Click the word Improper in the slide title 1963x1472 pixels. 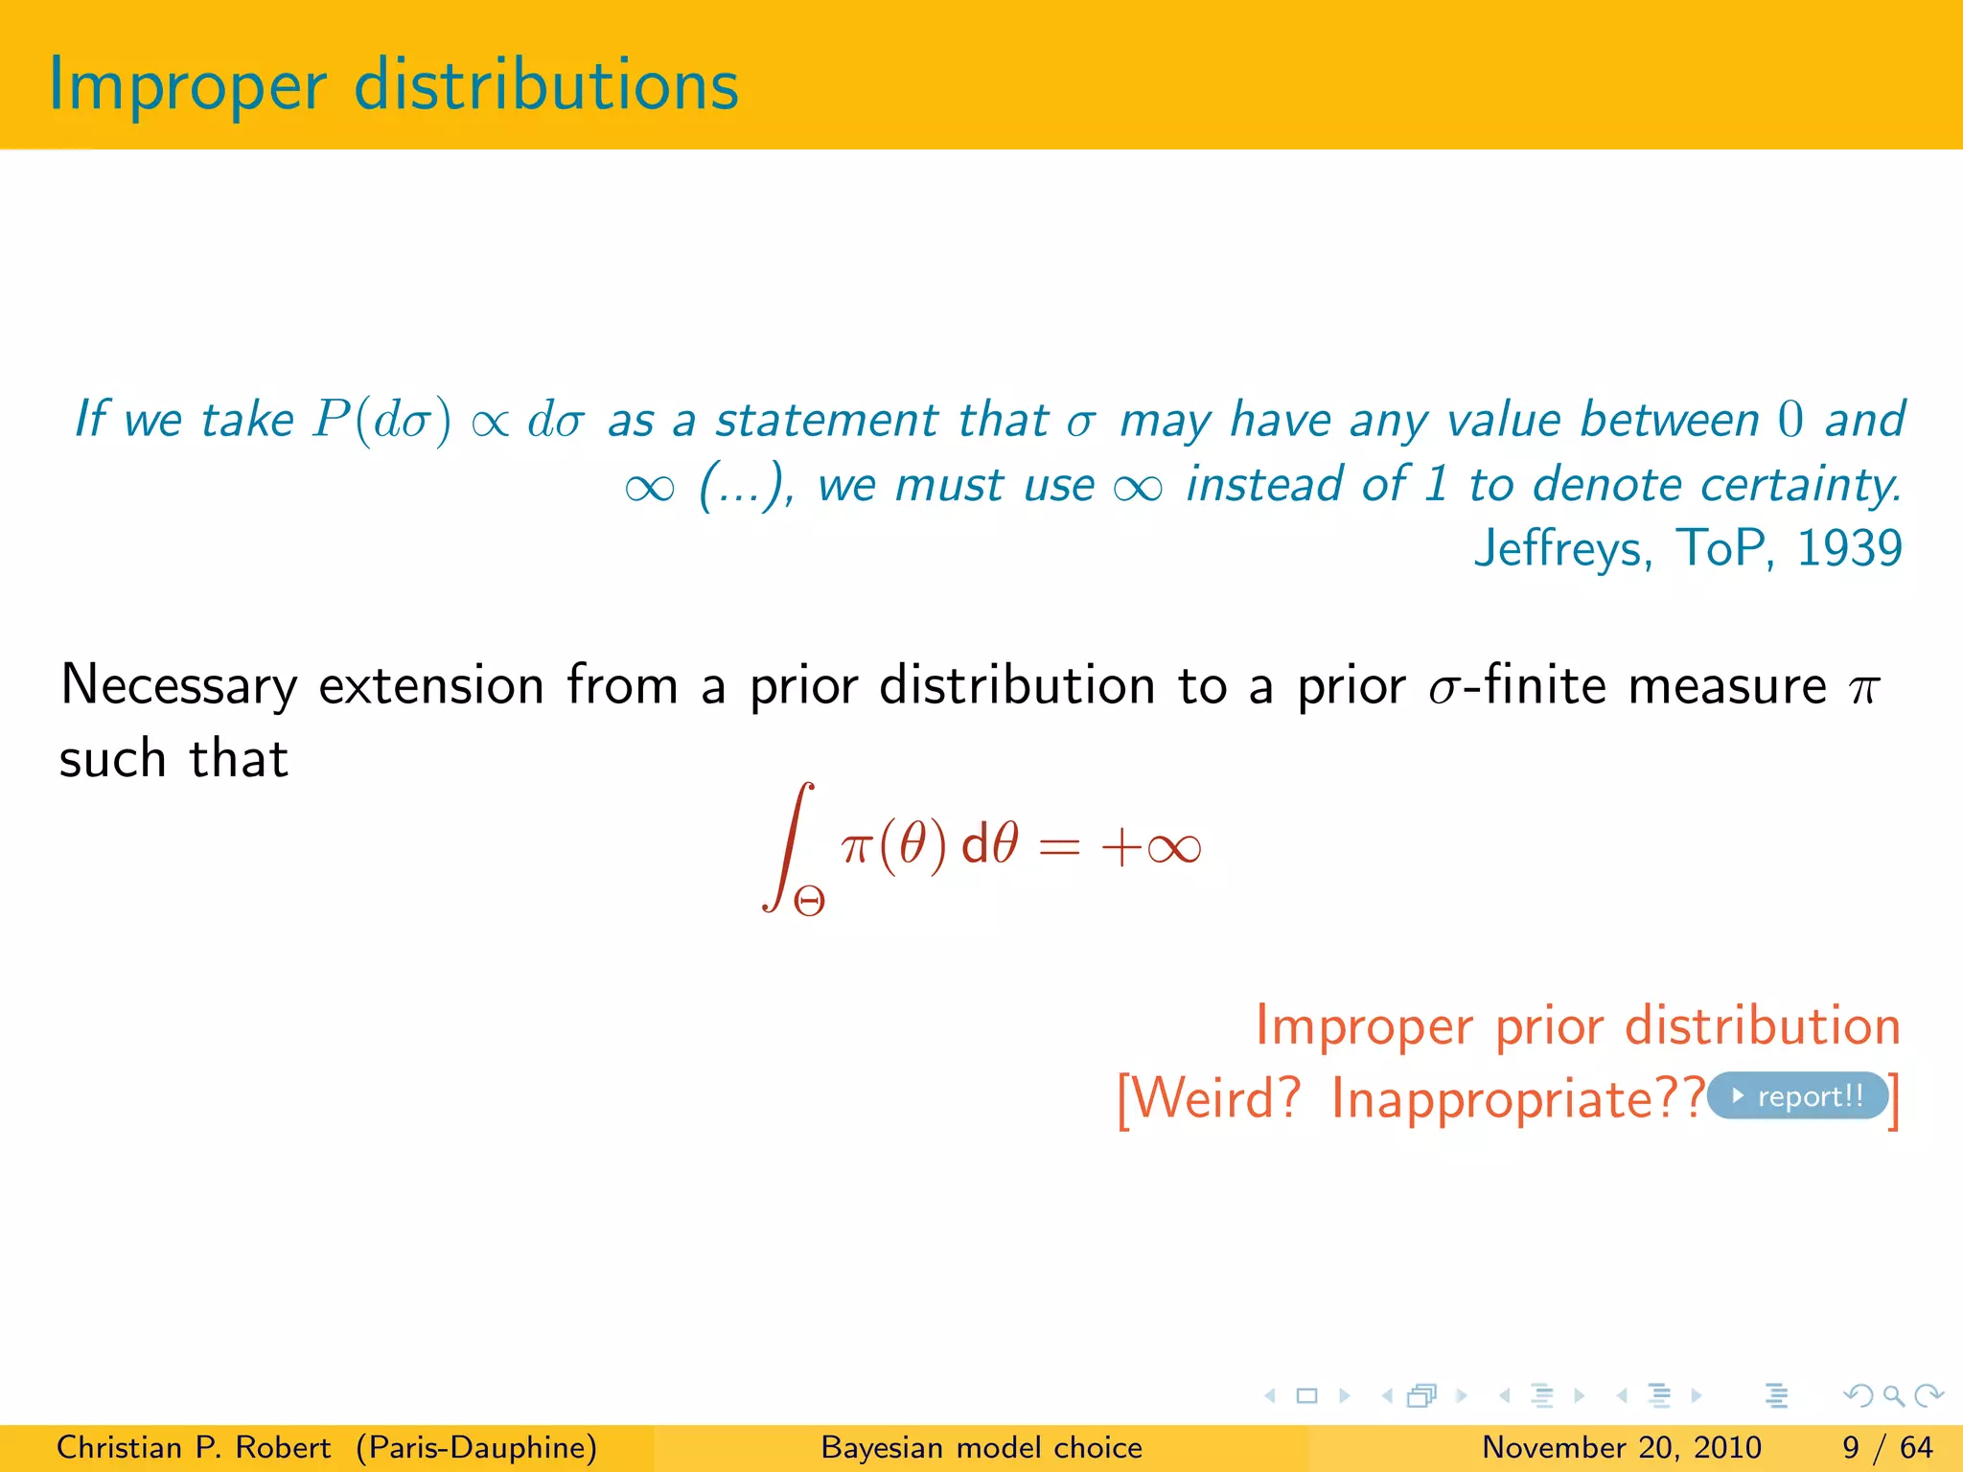pyautogui.click(x=187, y=86)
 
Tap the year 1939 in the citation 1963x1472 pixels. pyautogui.click(x=1849, y=548)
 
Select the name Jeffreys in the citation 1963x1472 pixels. pyautogui.click(x=1562, y=550)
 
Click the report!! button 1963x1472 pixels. pyautogui.click(x=1798, y=1095)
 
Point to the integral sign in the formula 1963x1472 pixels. pyautogui.click(x=789, y=845)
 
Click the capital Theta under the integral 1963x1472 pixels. pyautogui.click(x=809, y=901)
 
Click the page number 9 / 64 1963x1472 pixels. pyautogui.click(x=1887, y=1447)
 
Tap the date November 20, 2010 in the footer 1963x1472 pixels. pyautogui.click(x=1621, y=1447)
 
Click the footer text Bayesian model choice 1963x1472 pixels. pyautogui.click(x=981, y=1447)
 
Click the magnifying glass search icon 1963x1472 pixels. pyautogui.click(x=1892, y=1395)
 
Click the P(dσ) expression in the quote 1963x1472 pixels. pyautogui.click(x=381, y=421)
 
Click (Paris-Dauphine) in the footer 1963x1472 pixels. pyautogui.click(x=476, y=1447)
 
